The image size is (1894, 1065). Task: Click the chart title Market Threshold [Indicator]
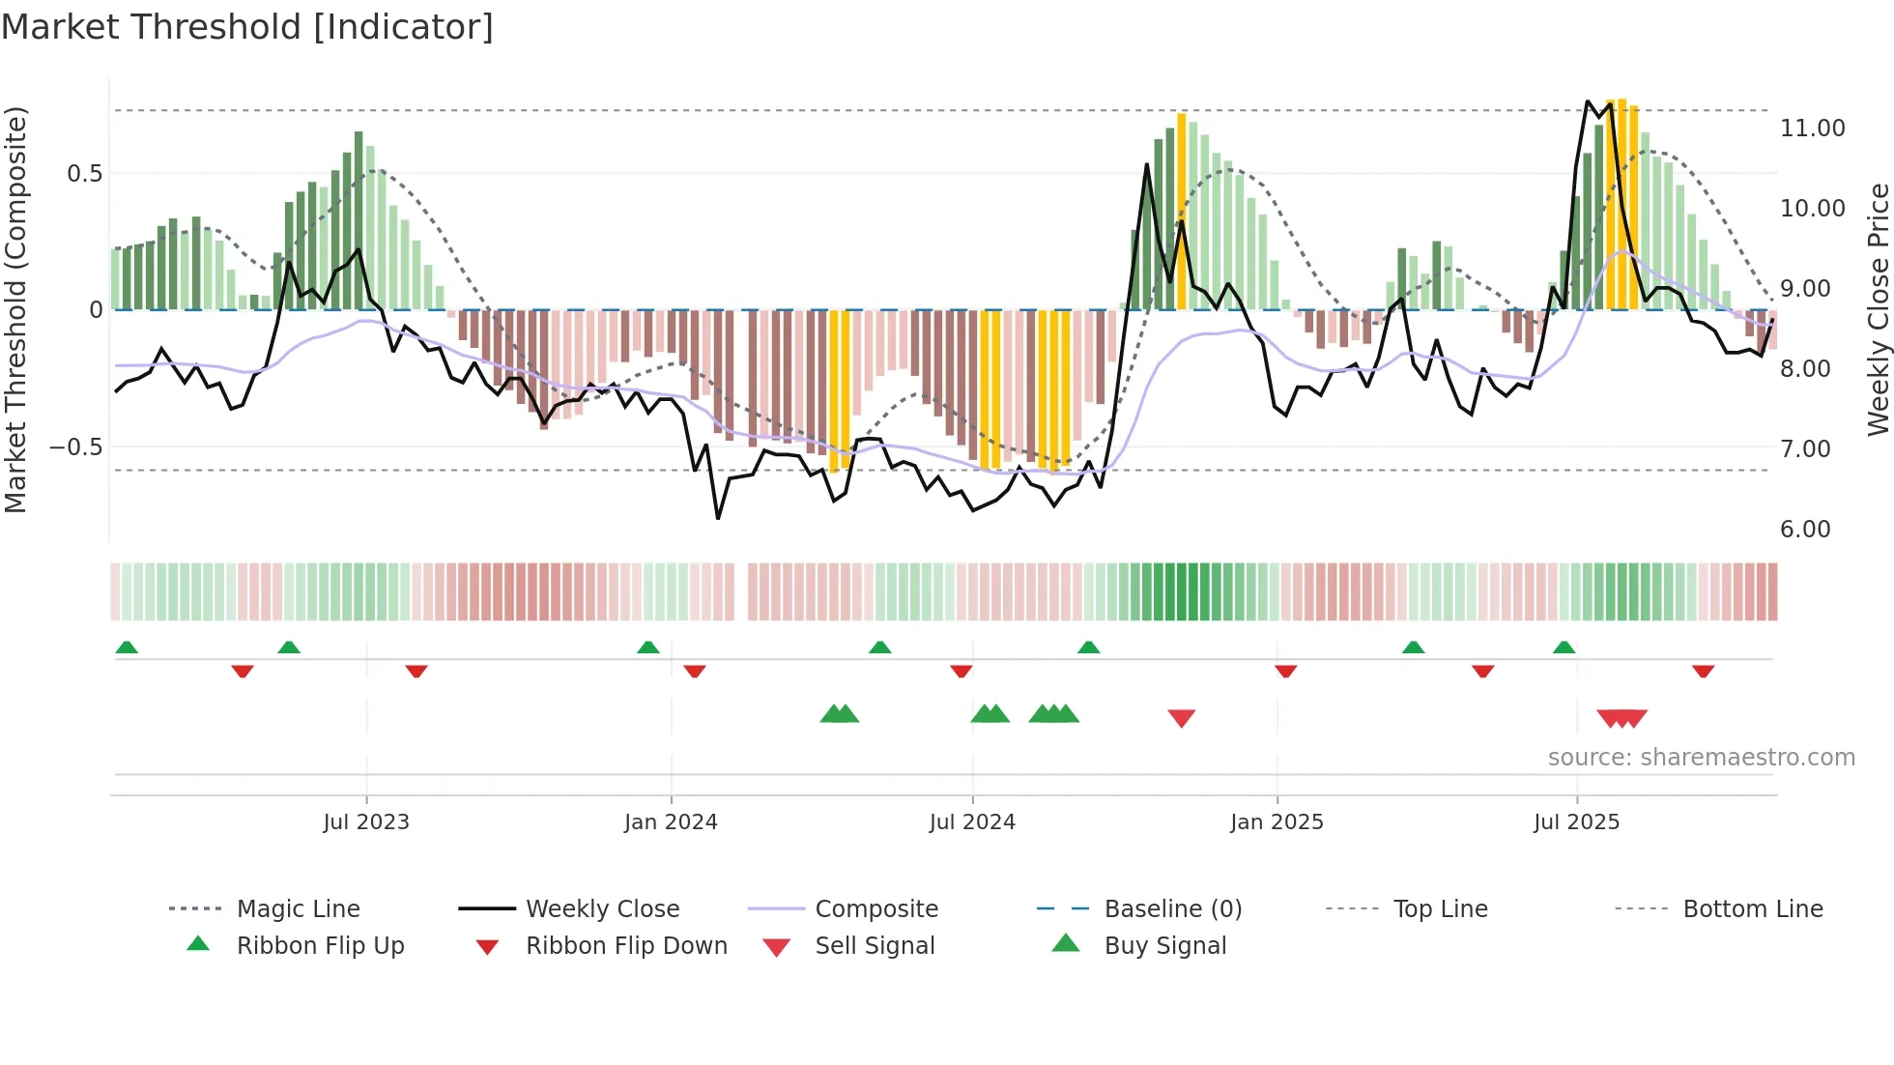[x=247, y=27]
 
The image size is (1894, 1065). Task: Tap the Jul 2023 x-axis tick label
[x=366, y=822]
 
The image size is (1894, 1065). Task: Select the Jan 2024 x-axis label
[x=671, y=822]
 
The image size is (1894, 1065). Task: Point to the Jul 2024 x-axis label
[x=972, y=822]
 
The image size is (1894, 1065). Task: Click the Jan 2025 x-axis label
[x=1277, y=822]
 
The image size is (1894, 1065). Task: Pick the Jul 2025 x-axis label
[x=1576, y=822]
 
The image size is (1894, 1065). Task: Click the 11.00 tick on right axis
[x=1813, y=129]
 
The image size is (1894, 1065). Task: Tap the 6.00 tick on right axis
[x=1805, y=530]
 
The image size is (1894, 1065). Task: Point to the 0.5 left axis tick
[x=84, y=174]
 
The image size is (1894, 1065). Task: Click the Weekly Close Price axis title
[x=1878, y=309]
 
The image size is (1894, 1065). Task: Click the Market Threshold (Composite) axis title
[x=15, y=309]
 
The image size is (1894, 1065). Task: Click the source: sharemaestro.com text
[x=1701, y=758]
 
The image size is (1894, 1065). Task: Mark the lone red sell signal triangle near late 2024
[x=1181, y=718]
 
